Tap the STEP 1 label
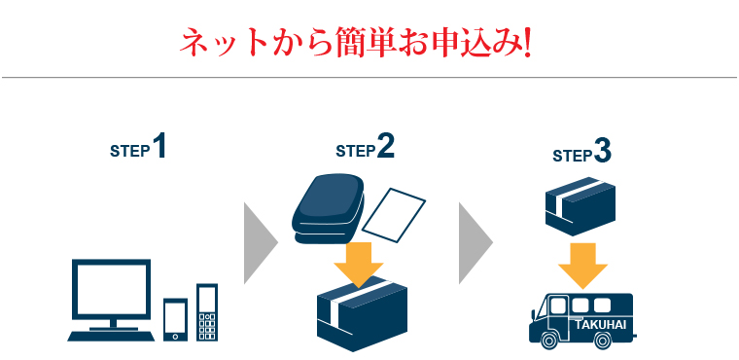tap(138, 149)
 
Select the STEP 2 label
tap(365, 149)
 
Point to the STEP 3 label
tap(581, 154)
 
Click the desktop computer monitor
tap(112, 291)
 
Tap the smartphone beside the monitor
tap(175, 318)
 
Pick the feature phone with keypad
tap(207, 311)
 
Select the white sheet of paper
tap(399, 214)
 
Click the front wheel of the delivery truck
tap(550, 341)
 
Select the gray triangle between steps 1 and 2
tap(258, 242)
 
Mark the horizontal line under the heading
tap(369, 77)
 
